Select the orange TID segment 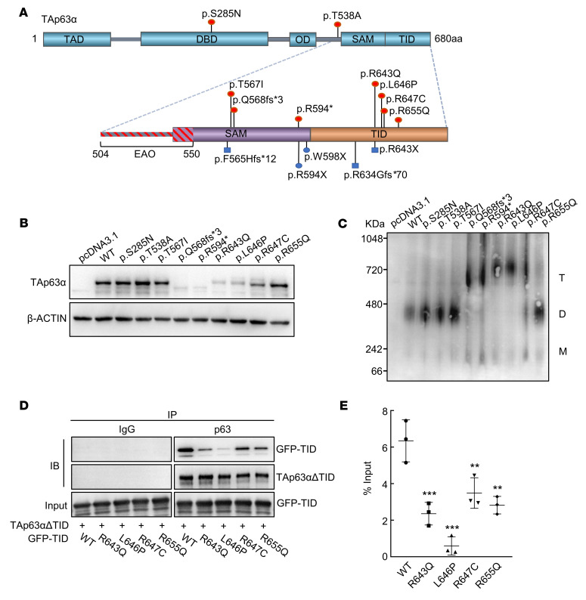378,134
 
